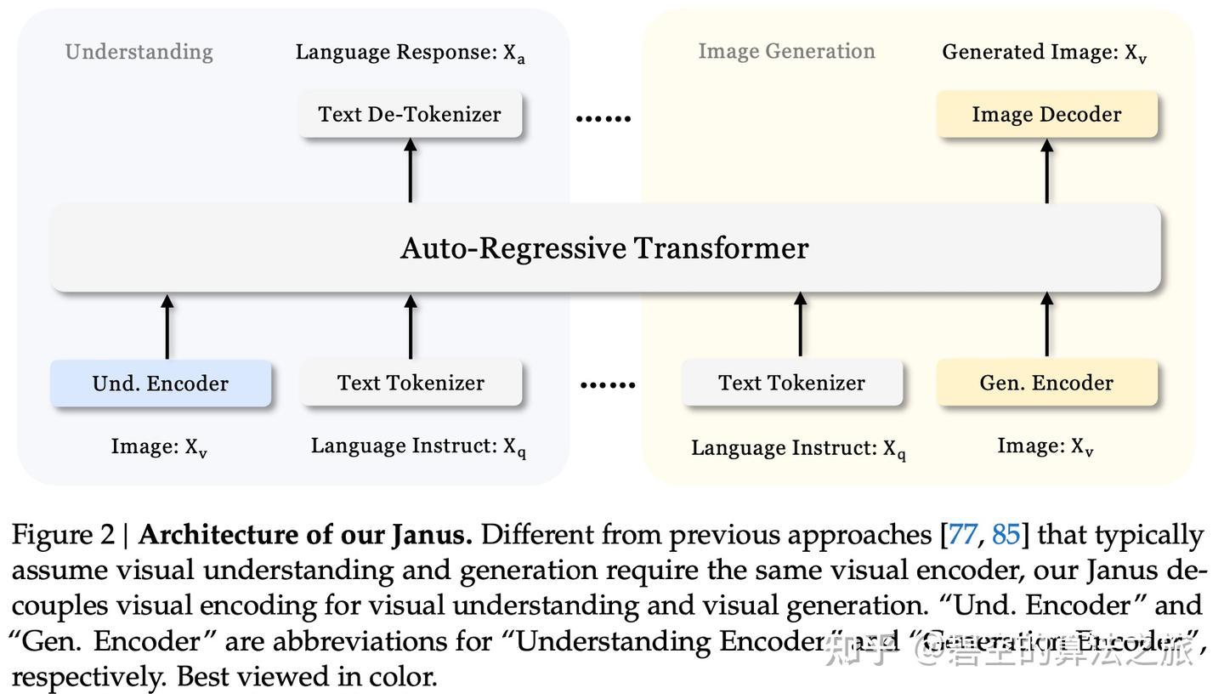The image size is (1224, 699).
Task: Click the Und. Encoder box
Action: click(x=161, y=384)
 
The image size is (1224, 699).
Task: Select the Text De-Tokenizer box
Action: click(x=410, y=115)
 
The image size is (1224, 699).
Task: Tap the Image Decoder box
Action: click(x=1046, y=115)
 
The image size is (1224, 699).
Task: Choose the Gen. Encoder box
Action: click(x=1046, y=383)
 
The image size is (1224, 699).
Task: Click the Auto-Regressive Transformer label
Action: click(x=604, y=248)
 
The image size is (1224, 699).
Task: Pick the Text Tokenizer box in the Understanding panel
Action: click(x=411, y=383)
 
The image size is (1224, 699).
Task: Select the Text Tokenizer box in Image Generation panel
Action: click(x=791, y=383)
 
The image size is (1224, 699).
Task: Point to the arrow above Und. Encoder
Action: click(x=167, y=327)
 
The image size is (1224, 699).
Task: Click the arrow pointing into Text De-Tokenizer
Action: click(x=411, y=170)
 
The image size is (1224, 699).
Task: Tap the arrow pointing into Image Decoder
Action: click(x=1047, y=170)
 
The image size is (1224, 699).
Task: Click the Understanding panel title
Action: click(x=139, y=52)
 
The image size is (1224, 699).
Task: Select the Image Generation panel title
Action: click(x=786, y=52)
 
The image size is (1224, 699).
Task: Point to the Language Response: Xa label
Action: click(x=410, y=53)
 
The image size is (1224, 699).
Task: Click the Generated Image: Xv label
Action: click(x=1045, y=53)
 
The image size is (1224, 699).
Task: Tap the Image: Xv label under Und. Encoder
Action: click(x=159, y=447)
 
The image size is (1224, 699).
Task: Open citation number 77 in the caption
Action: click(x=962, y=535)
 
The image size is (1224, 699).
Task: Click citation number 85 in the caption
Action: click(x=1006, y=535)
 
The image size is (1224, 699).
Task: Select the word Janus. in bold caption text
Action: click(x=432, y=536)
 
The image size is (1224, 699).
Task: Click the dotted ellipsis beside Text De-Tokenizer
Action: click(x=603, y=119)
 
